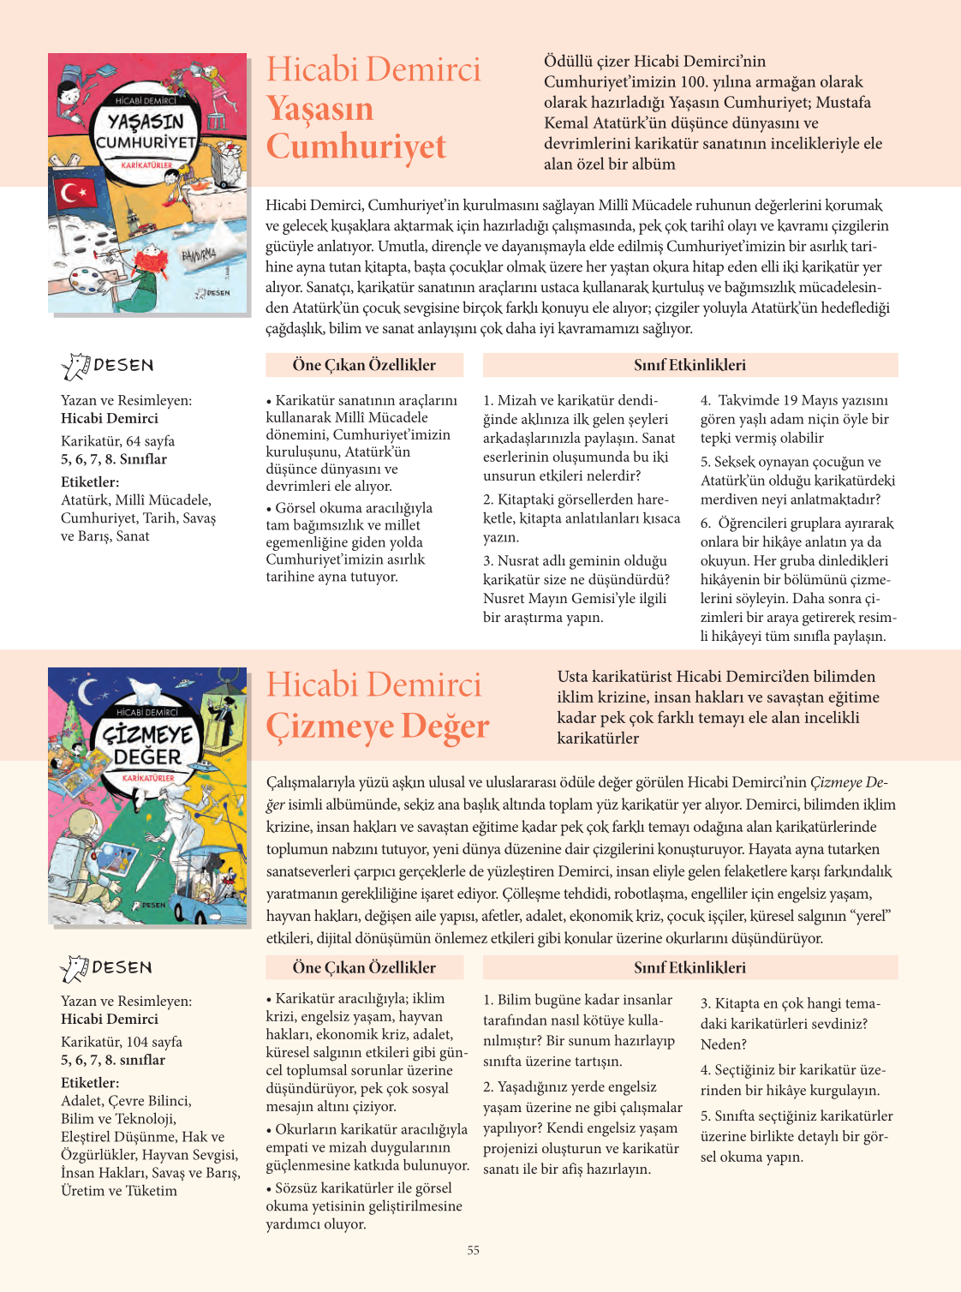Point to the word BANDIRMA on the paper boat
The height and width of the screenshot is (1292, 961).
tap(198, 255)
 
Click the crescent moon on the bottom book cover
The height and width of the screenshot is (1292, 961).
tap(87, 691)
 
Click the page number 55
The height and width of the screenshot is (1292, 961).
tap(474, 1251)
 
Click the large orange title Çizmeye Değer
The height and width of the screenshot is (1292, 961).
tap(378, 726)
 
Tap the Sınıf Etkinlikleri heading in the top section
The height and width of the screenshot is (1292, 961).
tap(689, 365)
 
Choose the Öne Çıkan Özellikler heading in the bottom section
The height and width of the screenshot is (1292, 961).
tap(364, 967)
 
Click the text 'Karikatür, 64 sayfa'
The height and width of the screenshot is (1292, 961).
tap(117, 441)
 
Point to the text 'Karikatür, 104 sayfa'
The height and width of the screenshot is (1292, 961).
tap(122, 1042)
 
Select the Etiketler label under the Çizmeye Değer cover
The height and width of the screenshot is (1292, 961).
tap(90, 1083)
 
